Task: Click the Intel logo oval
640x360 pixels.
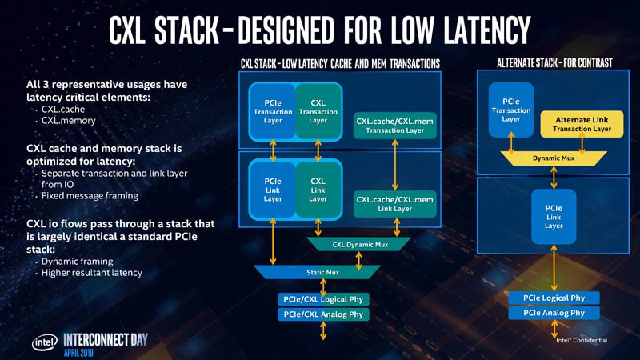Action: pyautogui.click(x=45, y=342)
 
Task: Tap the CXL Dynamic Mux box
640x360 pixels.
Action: pyautogui.click(x=358, y=245)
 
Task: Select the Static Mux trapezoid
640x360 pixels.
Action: pyautogui.click(x=317, y=272)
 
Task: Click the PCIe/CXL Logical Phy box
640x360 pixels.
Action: pyautogui.click(x=323, y=299)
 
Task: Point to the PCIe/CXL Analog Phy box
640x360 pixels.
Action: pyautogui.click(x=323, y=314)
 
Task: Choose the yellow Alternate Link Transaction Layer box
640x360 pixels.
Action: pyautogui.click(x=582, y=124)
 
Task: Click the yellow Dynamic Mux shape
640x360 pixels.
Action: pyautogui.click(x=554, y=158)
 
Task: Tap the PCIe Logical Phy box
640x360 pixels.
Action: pyautogui.click(x=554, y=298)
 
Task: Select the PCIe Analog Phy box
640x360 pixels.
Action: pyautogui.click(x=554, y=313)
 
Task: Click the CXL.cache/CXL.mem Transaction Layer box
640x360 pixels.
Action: pyautogui.click(x=394, y=126)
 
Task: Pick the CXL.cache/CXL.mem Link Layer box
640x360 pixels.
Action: pyautogui.click(x=394, y=204)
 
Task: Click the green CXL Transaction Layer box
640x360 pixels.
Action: pyautogui.click(x=318, y=111)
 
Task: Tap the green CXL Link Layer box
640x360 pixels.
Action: pyautogui.click(x=318, y=190)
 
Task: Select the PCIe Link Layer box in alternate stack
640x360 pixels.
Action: pyautogui.click(x=554, y=217)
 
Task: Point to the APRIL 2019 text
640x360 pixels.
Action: pyautogui.click(x=78, y=353)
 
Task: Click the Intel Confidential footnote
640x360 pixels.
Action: pyautogui.click(x=582, y=340)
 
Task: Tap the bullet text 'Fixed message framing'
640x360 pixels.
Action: pyautogui.click(x=90, y=196)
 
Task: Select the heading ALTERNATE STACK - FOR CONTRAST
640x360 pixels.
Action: pyautogui.click(x=554, y=63)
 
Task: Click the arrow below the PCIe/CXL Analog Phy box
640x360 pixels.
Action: pyautogui.click(x=323, y=330)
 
